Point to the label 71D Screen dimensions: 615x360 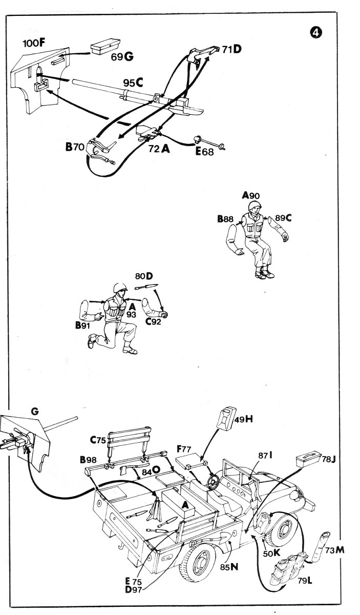click(231, 49)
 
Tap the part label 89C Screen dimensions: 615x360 click(283, 217)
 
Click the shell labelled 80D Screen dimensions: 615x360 click(153, 285)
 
